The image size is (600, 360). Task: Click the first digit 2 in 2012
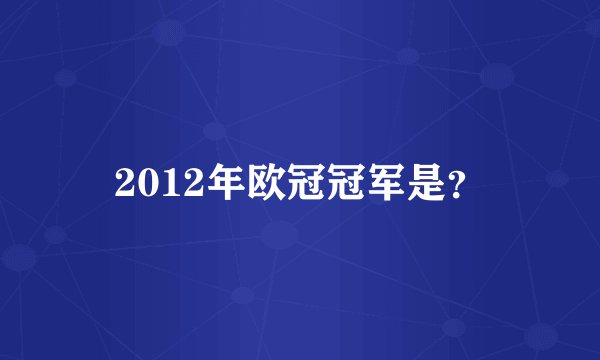[126, 182]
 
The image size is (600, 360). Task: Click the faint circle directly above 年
[213, 130]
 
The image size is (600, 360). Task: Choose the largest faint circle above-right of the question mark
[497, 75]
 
